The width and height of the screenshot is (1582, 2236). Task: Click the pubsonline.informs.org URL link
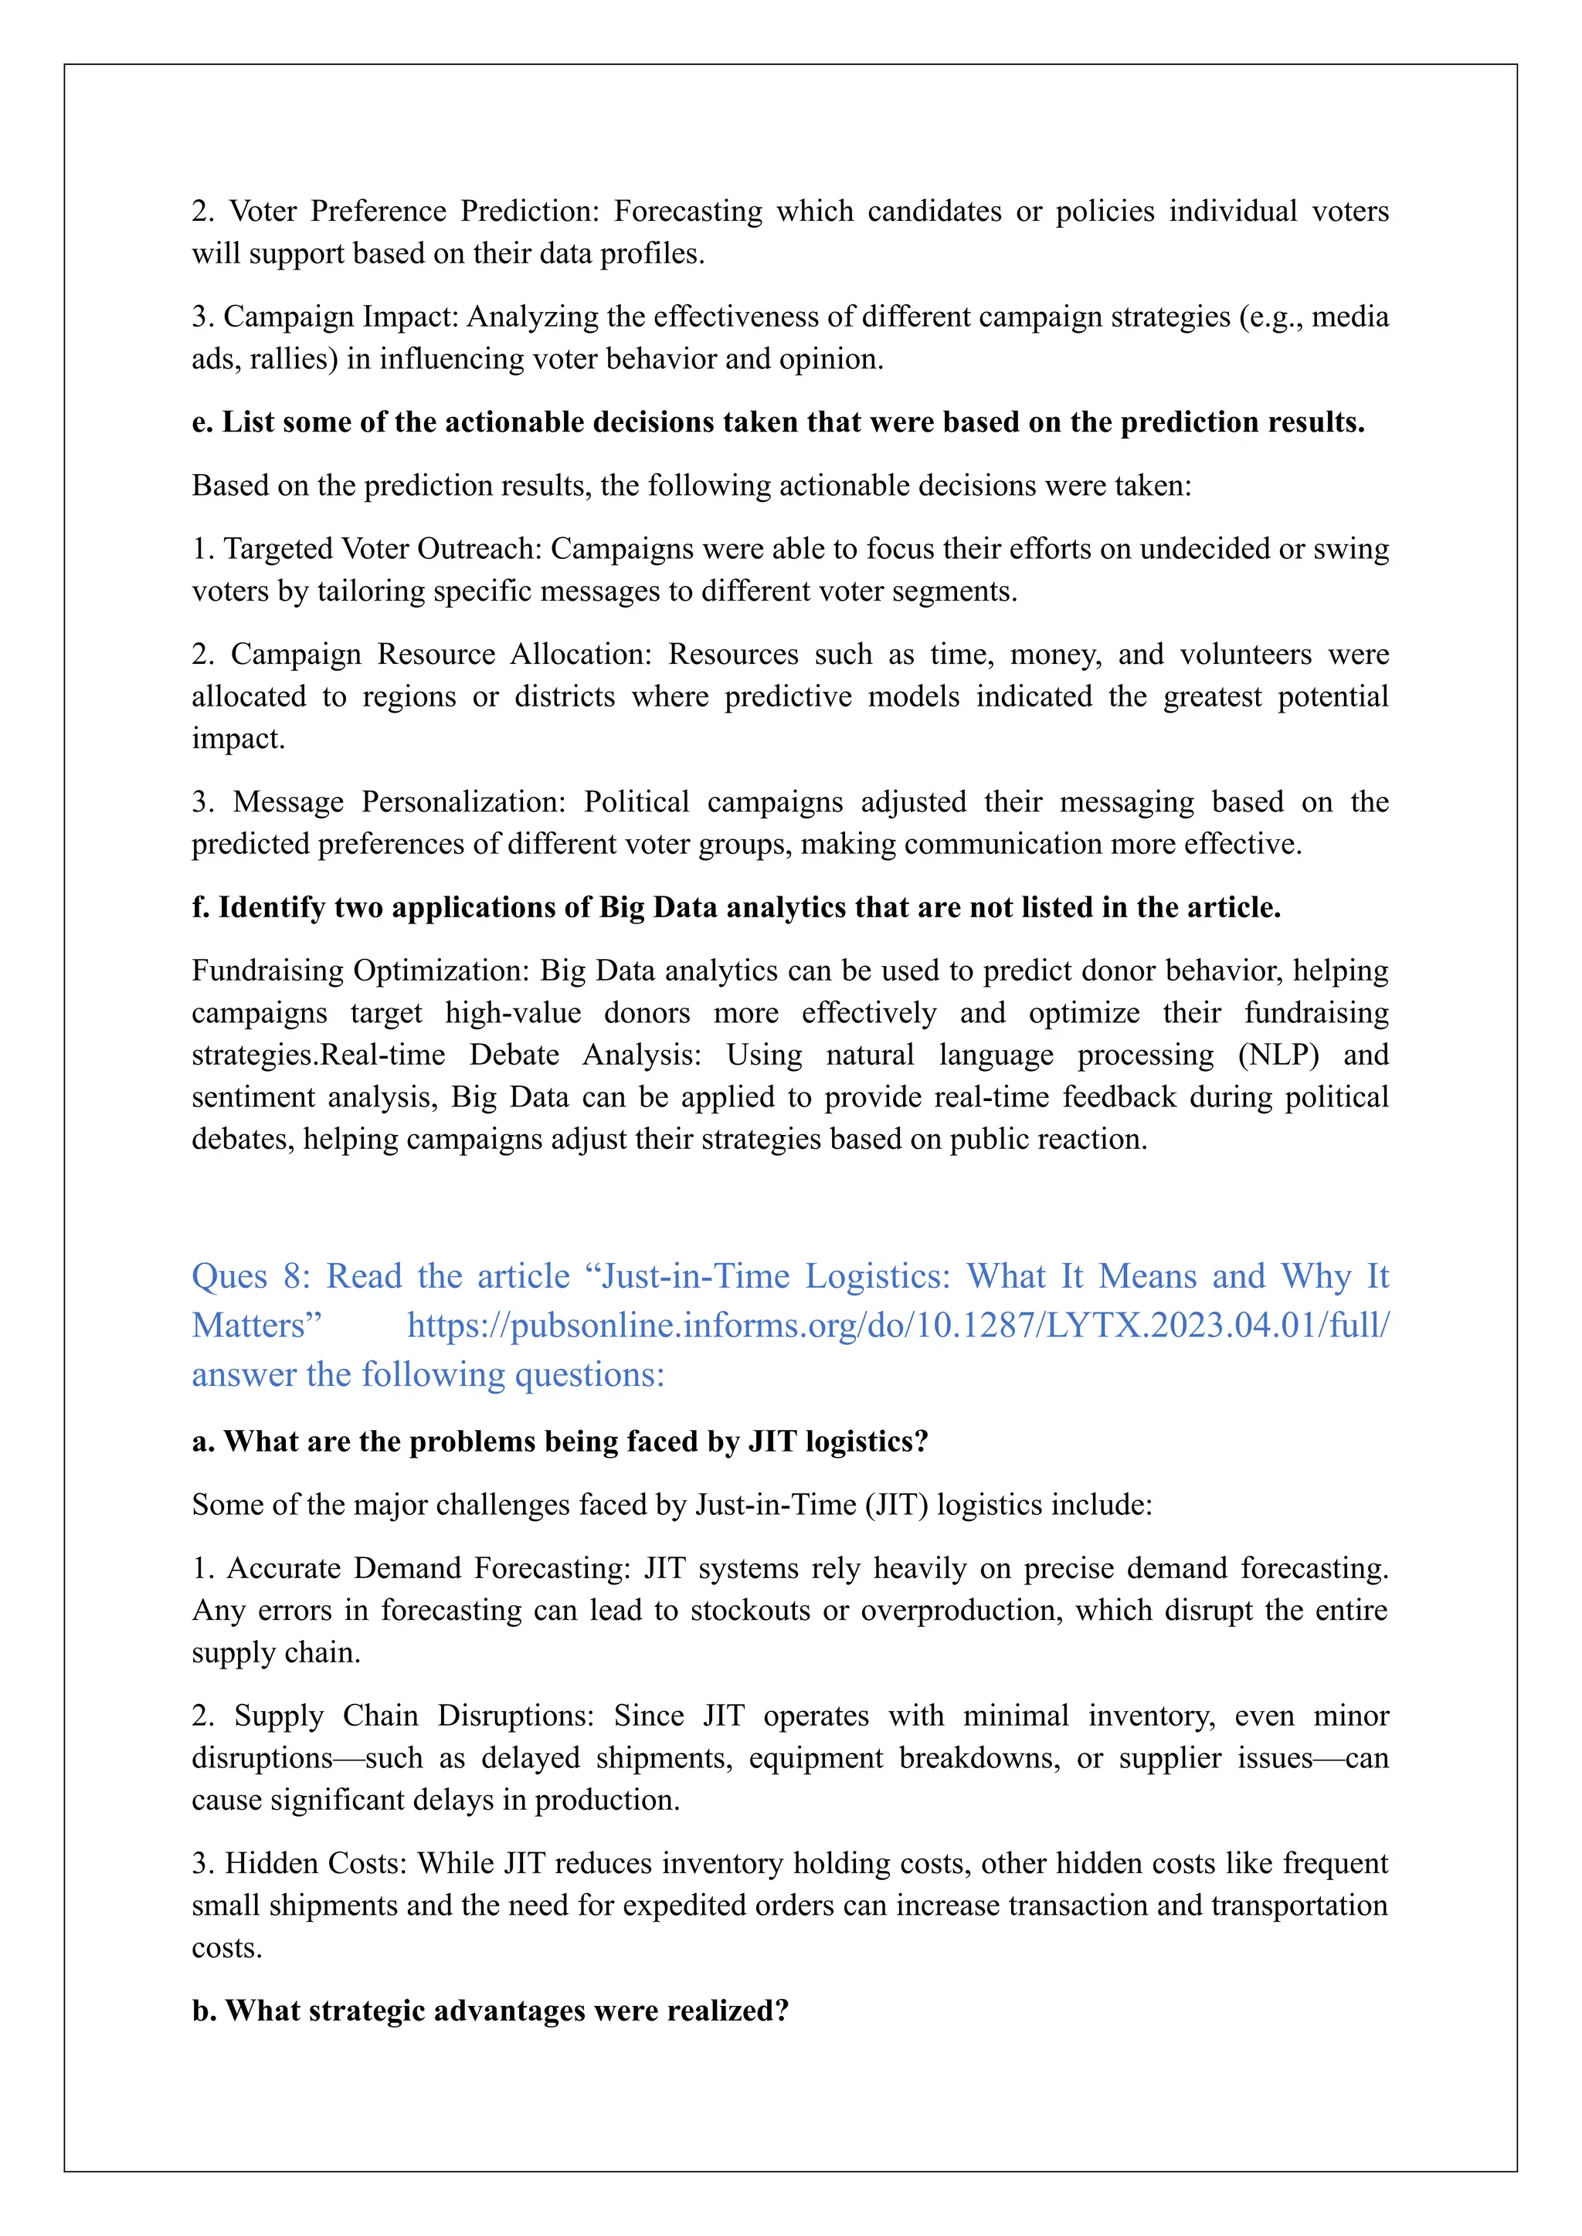(x=897, y=1326)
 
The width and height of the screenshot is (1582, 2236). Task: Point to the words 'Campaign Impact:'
(x=341, y=317)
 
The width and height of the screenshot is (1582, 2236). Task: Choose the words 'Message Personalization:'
(x=399, y=801)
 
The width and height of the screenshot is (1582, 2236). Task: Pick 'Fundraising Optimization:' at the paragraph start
(x=362, y=971)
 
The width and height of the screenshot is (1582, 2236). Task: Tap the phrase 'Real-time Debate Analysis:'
(x=511, y=1055)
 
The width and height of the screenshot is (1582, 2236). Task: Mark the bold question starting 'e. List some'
(x=777, y=422)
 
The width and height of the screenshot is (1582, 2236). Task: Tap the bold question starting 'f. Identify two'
(x=735, y=908)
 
